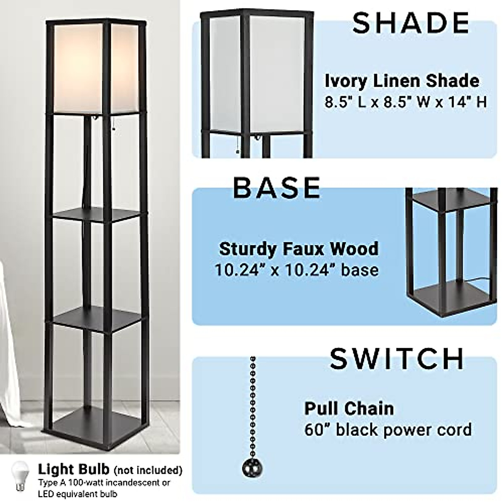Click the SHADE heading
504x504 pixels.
(410, 23)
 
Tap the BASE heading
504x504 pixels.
(277, 187)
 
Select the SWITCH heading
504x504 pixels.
(397, 358)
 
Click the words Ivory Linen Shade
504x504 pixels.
(402, 81)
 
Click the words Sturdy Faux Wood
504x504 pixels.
(299, 249)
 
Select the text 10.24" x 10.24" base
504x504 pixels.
(297, 270)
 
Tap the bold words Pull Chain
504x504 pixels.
(349, 408)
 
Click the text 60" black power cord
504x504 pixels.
(388, 430)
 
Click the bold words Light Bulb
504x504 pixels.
(74, 469)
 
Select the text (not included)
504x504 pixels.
(148, 470)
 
